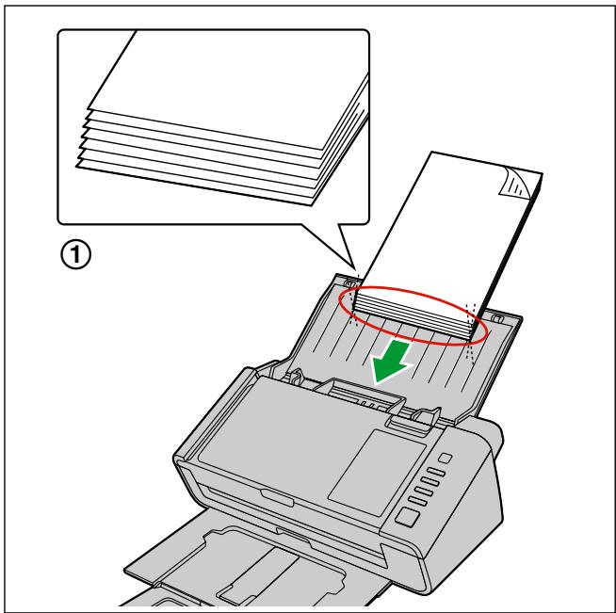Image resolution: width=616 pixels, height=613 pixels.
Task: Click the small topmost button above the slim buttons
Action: tap(446, 457)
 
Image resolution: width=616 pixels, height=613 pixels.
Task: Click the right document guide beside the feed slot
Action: tap(423, 414)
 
